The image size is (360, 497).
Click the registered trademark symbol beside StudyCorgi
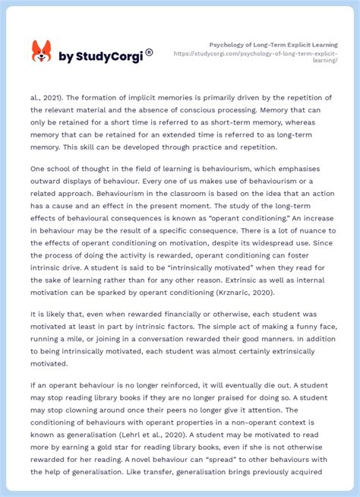149,52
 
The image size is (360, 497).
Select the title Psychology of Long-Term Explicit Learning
273,45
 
